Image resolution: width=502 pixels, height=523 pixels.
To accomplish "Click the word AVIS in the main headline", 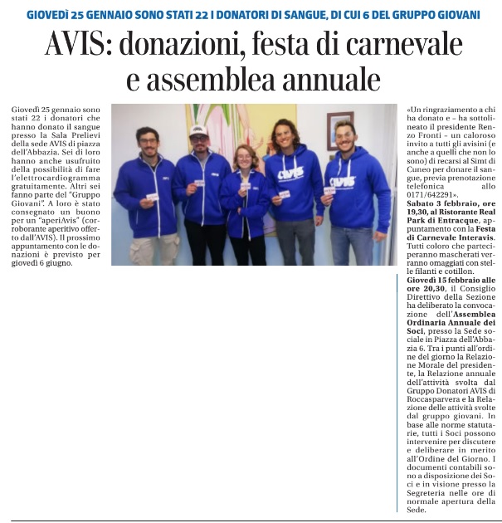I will click(73, 44).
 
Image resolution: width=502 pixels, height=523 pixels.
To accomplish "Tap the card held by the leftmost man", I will click(152, 197).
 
